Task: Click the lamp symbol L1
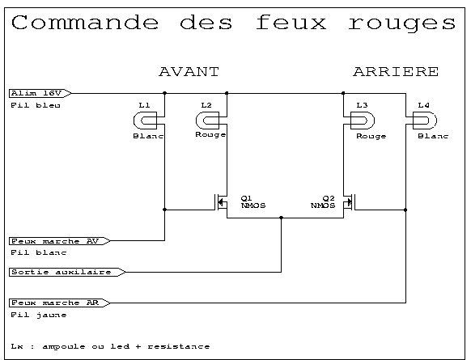click(146, 121)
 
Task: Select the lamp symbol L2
click(207, 121)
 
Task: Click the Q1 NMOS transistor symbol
click(221, 202)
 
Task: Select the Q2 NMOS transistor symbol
click(350, 202)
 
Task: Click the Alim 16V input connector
click(40, 93)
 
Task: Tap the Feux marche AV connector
click(60, 241)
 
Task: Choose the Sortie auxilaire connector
click(67, 272)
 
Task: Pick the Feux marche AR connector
click(60, 303)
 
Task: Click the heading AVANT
click(189, 72)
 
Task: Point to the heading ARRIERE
click(396, 72)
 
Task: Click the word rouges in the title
click(402, 23)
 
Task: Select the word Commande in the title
click(85, 22)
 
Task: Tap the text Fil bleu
click(36, 105)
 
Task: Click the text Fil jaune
click(39, 315)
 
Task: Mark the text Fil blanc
click(39, 253)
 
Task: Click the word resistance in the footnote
click(179, 346)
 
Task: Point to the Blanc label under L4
click(433, 136)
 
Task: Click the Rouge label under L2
click(210, 135)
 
